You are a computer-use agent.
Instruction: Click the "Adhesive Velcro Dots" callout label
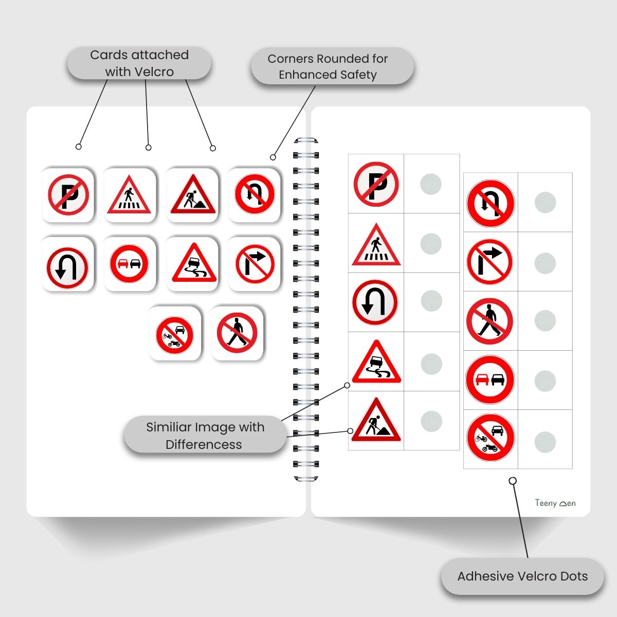[x=522, y=576]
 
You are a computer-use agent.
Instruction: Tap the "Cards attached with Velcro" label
[x=139, y=63]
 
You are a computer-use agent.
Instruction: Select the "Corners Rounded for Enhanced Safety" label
[x=328, y=66]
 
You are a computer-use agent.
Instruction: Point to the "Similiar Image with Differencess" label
[x=205, y=435]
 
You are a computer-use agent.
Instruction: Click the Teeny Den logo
[x=555, y=503]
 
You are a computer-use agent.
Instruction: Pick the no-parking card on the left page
[x=68, y=195]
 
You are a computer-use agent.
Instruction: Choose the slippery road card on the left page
[x=193, y=264]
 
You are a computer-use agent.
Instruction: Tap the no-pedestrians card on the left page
[x=237, y=333]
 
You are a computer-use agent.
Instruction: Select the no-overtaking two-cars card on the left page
[x=130, y=264]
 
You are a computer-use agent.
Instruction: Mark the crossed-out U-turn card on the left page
[x=255, y=194]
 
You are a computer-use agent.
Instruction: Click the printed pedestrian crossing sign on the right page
[x=376, y=245]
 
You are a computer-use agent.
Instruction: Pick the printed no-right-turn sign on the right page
[x=490, y=262]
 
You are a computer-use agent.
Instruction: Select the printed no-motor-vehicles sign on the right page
[x=490, y=438]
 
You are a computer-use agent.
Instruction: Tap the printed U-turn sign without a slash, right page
[x=375, y=302]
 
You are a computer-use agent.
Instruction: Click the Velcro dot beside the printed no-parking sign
[x=431, y=184]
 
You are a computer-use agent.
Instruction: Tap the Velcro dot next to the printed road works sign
[x=431, y=421]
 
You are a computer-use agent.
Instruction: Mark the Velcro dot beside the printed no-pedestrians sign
[x=545, y=321]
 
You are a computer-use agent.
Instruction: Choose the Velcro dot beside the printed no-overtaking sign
[x=545, y=380]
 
